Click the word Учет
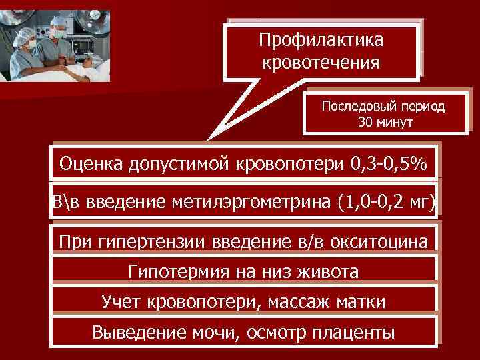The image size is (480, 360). [x=121, y=301]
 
